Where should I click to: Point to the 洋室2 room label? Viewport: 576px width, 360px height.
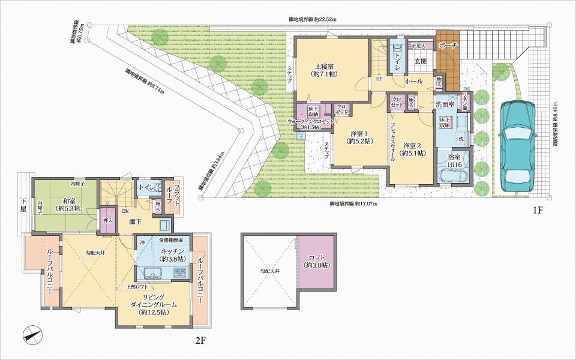[414, 149]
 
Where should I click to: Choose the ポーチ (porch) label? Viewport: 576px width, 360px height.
[448, 46]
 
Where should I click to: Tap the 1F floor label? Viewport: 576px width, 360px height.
[538, 211]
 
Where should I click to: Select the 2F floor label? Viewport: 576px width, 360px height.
[200, 341]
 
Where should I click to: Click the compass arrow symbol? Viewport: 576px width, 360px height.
[33, 333]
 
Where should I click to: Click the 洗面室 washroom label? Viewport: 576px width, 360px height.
[445, 104]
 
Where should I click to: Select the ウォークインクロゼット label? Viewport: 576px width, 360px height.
[310, 124]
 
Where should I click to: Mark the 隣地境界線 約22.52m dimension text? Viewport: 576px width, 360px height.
[313, 20]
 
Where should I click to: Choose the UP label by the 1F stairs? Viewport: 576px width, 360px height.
[379, 79]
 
